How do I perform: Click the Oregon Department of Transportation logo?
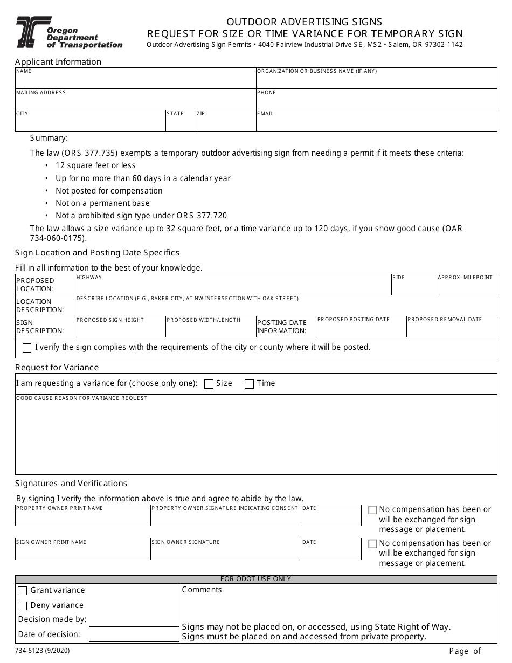click(x=69, y=33)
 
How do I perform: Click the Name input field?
click(x=135, y=80)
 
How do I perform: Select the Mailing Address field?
click(x=135, y=101)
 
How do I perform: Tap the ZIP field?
click(x=225, y=123)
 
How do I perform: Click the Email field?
click(x=376, y=123)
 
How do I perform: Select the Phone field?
click(x=376, y=101)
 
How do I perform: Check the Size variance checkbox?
click(x=209, y=384)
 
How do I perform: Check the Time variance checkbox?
click(x=249, y=384)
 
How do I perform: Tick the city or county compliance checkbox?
click(x=27, y=348)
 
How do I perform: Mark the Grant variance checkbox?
click(x=23, y=591)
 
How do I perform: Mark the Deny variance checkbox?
click(x=23, y=606)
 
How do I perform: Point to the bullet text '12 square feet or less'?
click(x=95, y=165)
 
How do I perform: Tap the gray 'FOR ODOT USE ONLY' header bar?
click(x=255, y=579)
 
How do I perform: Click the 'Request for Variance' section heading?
click(x=57, y=368)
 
